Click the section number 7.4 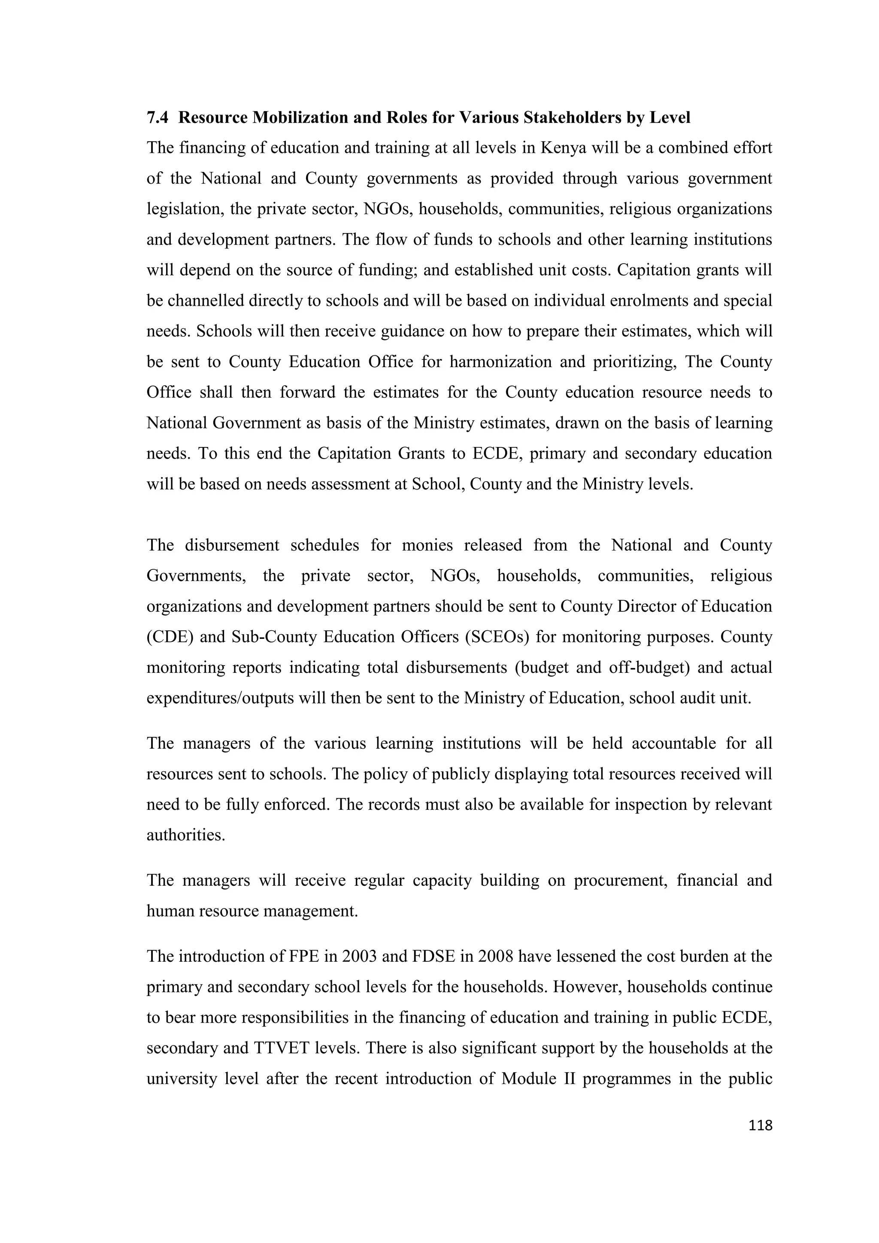coord(158,118)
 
